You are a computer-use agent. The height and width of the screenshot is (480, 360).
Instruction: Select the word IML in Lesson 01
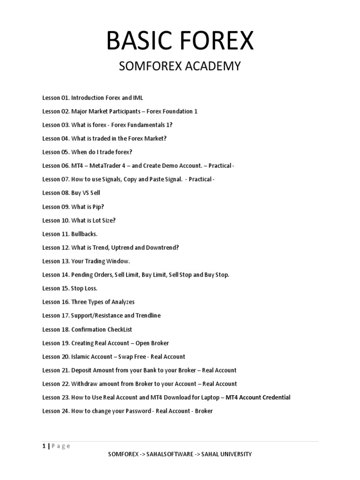pyautogui.click(x=138, y=98)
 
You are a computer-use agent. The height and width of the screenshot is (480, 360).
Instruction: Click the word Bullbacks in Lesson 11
pyautogui.click(x=83, y=234)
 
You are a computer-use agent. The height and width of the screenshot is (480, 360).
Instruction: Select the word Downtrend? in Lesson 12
pyautogui.click(x=163, y=247)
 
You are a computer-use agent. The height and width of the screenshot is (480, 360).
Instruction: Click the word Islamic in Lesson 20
pyautogui.click(x=81, y=357)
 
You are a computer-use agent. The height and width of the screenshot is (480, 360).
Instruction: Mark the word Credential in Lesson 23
pyautogui.click(x=275, y=397)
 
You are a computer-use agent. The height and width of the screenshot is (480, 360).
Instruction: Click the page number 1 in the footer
pyautogui.click(x=44, y=446)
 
